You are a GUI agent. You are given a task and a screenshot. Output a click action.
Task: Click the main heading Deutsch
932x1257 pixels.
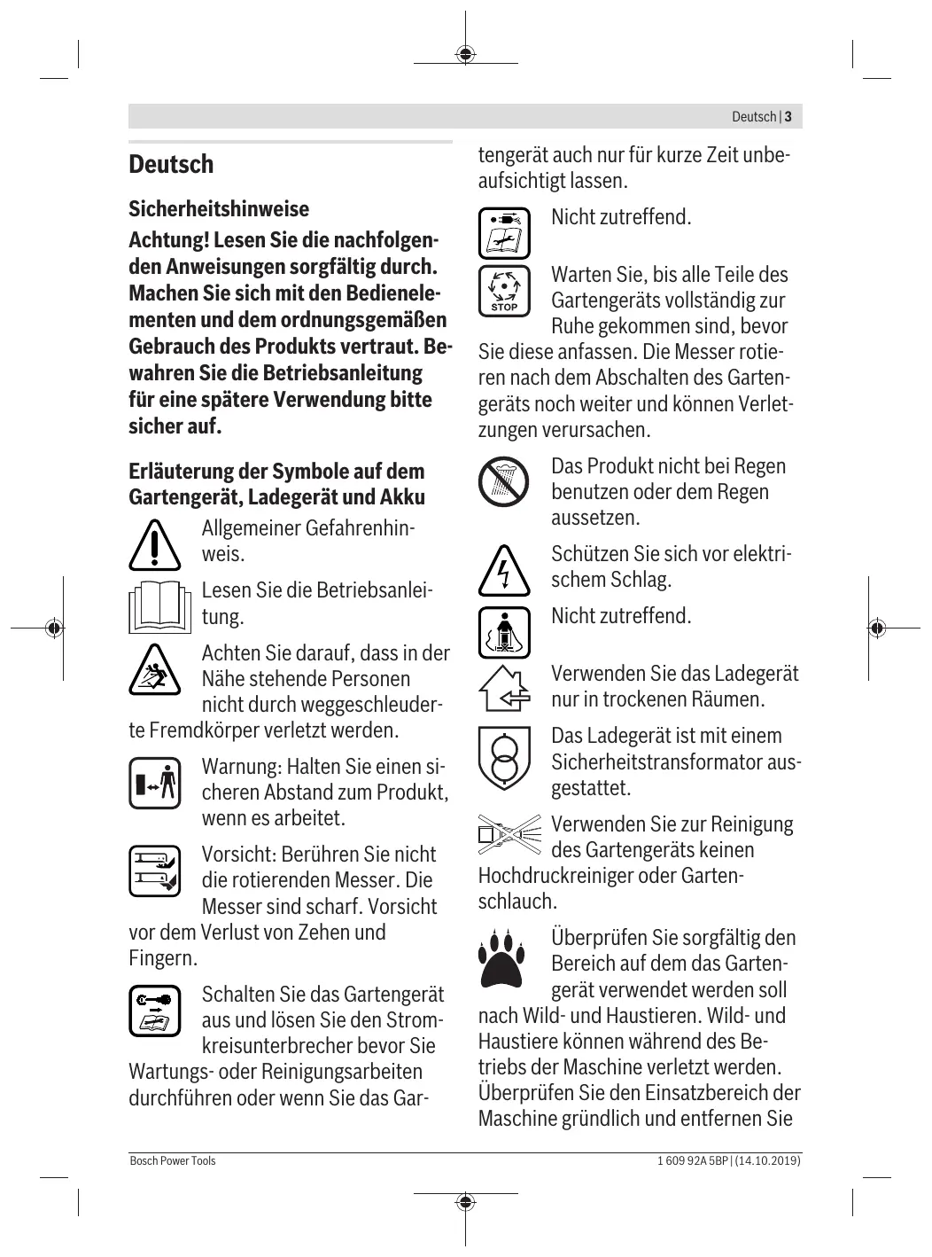[171, 165]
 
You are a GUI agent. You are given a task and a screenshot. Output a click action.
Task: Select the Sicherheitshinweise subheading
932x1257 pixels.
[219, 209]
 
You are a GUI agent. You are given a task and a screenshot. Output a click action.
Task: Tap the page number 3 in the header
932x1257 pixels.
[788, 117]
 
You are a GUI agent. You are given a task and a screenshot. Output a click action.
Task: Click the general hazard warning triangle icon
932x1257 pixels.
[154, 545]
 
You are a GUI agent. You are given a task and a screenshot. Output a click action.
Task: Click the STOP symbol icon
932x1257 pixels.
[504, 291]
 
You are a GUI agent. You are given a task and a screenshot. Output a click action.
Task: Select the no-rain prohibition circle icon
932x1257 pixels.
[504, 481]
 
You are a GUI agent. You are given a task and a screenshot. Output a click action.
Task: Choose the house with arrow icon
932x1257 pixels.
[504, 689]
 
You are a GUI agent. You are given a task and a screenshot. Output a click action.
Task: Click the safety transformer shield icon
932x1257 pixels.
[504, 758]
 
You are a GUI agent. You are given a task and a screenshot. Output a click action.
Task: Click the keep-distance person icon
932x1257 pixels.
[154, 783]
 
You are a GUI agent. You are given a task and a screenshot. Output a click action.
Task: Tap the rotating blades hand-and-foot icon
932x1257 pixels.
[154, 871]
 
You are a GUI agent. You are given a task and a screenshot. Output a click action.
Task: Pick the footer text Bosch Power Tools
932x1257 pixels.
[172, 1160]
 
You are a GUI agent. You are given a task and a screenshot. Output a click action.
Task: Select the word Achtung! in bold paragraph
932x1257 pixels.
[168, 240]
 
